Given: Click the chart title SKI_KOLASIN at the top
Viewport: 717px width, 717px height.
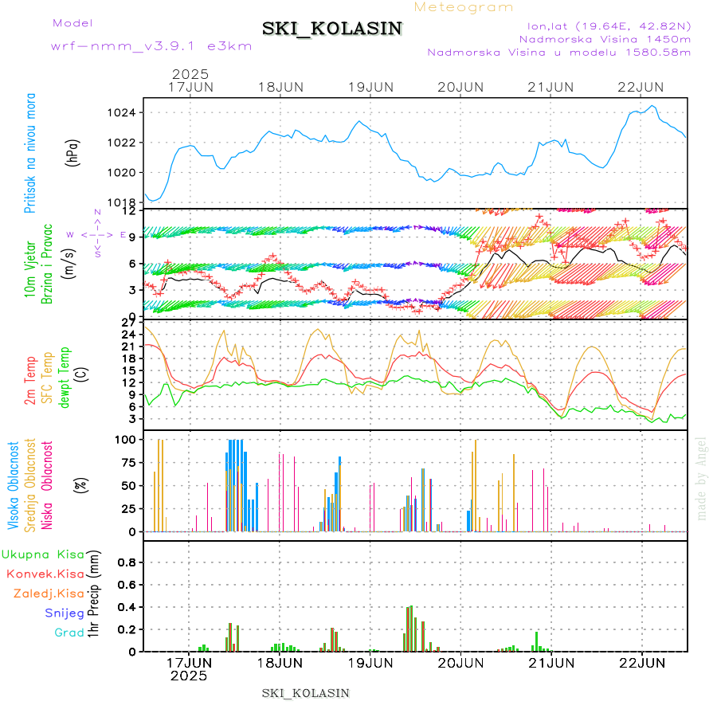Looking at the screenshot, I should (x=332, y=29).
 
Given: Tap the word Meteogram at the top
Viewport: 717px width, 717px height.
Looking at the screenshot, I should (x=464, y=7).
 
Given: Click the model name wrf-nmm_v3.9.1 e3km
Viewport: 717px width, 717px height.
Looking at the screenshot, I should (x=151, y=45).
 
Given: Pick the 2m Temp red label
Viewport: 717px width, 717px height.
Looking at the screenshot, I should (x=30, y=381).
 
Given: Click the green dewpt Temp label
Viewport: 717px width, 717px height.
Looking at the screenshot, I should (x=65, y=377).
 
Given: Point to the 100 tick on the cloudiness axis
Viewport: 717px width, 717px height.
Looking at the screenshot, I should (x=127, y=439).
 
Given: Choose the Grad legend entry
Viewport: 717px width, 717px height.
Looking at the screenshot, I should (x=69, y=633).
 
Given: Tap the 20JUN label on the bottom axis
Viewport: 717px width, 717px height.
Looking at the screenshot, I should (x=460, y=662).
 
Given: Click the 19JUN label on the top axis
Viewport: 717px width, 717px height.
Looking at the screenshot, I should (x=371, y=86).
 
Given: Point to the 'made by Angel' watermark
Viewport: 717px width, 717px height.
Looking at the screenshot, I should (x=702, y=478).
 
